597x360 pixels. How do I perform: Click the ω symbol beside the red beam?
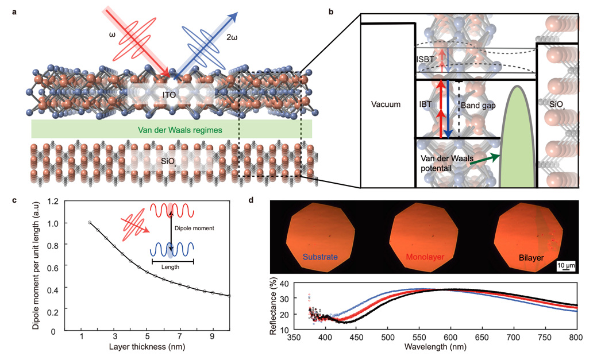tap(113, 35)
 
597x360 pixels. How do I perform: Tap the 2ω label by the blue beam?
tap(232, 37)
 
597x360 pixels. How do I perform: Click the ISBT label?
tap(426, 59)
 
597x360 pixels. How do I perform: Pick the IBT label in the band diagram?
tap(426, 106)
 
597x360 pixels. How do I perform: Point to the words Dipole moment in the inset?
tap(195, 228)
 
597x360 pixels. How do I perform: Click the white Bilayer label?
tap(529, 258)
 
